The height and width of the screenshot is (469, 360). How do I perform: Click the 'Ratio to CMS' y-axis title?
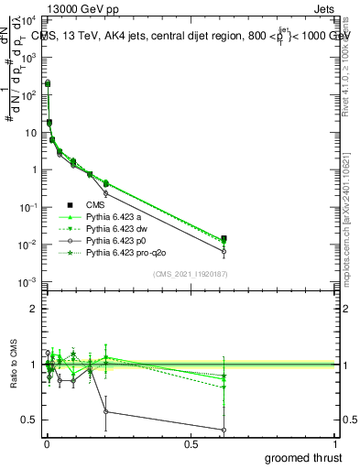pos(12,377)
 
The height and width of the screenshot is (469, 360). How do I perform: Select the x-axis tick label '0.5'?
pos(191,443)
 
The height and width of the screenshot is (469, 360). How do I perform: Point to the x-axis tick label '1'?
pos(335,443)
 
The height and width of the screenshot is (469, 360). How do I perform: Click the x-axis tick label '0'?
pos(46,443)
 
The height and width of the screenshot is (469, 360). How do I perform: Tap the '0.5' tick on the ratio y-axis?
pos(29,420)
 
